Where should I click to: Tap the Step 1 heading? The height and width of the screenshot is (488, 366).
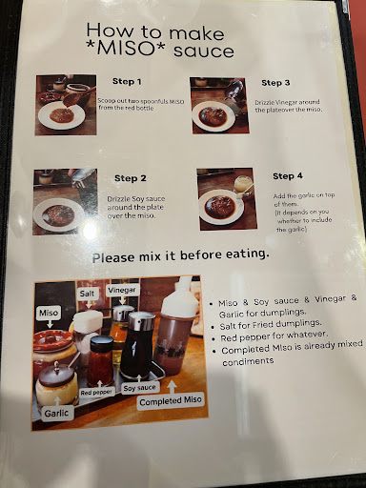click(127, 82)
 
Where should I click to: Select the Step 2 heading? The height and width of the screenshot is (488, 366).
click(131, 178)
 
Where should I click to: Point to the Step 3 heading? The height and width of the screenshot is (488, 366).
click(275, 83)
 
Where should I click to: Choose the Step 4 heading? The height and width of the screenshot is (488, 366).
click(288, 176)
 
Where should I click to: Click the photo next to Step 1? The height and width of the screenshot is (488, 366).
click(66, 105)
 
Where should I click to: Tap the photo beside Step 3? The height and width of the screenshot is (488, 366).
click(219, 106)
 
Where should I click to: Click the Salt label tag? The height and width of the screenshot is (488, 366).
click(87, 294)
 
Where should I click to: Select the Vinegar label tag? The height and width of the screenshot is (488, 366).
click(122, 290)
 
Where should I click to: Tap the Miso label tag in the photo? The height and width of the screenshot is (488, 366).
click(49, 313)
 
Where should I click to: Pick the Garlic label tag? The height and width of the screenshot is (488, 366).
click(56, 414)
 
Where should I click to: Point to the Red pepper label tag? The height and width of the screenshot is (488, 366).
click(96, 393)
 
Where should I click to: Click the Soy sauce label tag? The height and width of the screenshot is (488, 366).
click(139, 388)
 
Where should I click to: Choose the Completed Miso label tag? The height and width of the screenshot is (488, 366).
click(171, 401)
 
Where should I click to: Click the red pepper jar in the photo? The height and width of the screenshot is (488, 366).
click(101, 360)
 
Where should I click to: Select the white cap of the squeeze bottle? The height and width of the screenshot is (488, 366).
click(180, 297)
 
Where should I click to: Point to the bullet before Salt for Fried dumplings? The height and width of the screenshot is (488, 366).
click(213, 327)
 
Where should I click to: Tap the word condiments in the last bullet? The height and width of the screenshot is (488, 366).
click(248, 361)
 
